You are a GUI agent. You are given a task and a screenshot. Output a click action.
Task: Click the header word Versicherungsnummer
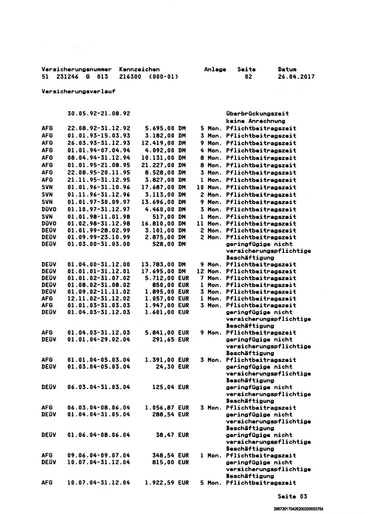pos(76,69)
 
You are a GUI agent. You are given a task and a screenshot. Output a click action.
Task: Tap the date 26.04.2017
pos(296,77)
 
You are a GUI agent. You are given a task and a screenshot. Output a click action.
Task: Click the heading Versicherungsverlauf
pos(78,91)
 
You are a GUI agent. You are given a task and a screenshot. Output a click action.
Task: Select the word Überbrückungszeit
pos(257,114)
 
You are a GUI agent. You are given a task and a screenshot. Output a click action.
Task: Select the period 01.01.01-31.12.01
pos(99,271)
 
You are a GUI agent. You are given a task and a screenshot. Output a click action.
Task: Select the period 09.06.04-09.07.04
pos(99,455)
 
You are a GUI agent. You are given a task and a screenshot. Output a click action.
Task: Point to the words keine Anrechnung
pos(255,121)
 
